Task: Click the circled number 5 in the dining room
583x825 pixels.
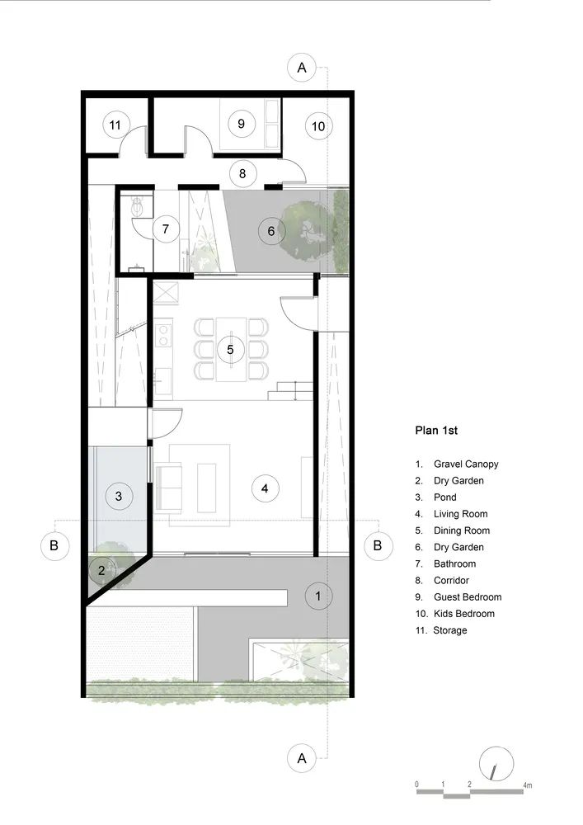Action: point(230,349)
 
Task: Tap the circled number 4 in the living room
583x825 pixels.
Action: point(265,488)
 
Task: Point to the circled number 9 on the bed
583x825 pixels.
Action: point(241,124)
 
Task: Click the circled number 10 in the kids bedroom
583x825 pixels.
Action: point(318,126)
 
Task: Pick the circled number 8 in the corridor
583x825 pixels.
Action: point(242,173)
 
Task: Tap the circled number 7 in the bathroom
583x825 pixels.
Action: point(166,229)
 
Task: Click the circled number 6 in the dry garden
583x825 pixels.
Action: point(271,231)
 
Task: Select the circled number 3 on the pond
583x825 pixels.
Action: point(119,496)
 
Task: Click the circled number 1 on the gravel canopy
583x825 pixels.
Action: point(318,595)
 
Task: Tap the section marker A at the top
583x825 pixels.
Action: point(302,68)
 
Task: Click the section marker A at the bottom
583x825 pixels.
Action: point(302,757)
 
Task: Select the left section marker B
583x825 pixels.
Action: point(54,545)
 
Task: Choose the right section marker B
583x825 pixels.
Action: point(378,545)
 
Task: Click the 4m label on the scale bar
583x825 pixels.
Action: point(527,784)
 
